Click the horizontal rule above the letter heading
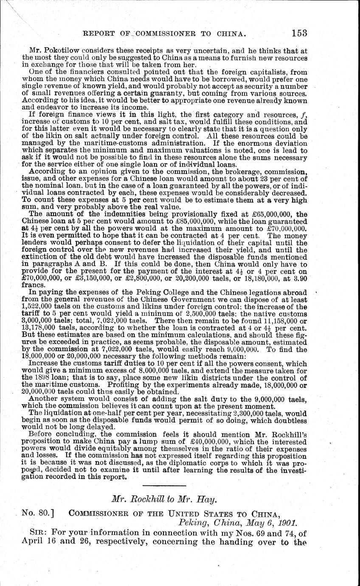click(164, 485)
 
